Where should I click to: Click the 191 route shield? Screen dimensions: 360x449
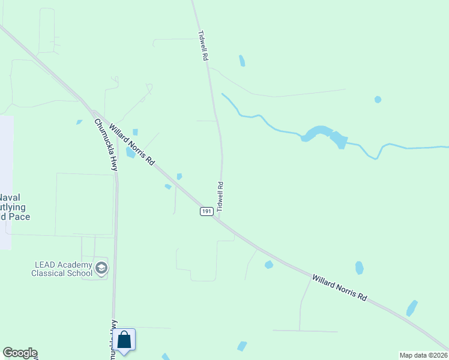(206, 212)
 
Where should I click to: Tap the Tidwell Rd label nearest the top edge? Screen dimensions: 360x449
(203, 46)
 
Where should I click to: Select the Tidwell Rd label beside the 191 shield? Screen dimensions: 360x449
(220, 196)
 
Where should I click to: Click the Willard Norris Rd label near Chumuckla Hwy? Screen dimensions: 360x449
(132, 145)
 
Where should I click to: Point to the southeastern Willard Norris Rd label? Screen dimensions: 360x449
(339, 288)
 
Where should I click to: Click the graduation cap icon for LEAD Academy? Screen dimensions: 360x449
(101, 268)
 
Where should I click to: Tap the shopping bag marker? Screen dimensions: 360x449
(124, 340)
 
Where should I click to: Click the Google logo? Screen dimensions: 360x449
(20, 353)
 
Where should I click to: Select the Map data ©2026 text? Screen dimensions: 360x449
(423, 355)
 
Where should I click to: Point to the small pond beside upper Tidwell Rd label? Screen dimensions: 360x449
(242, 61)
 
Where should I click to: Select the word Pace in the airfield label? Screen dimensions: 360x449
(19, 217)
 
